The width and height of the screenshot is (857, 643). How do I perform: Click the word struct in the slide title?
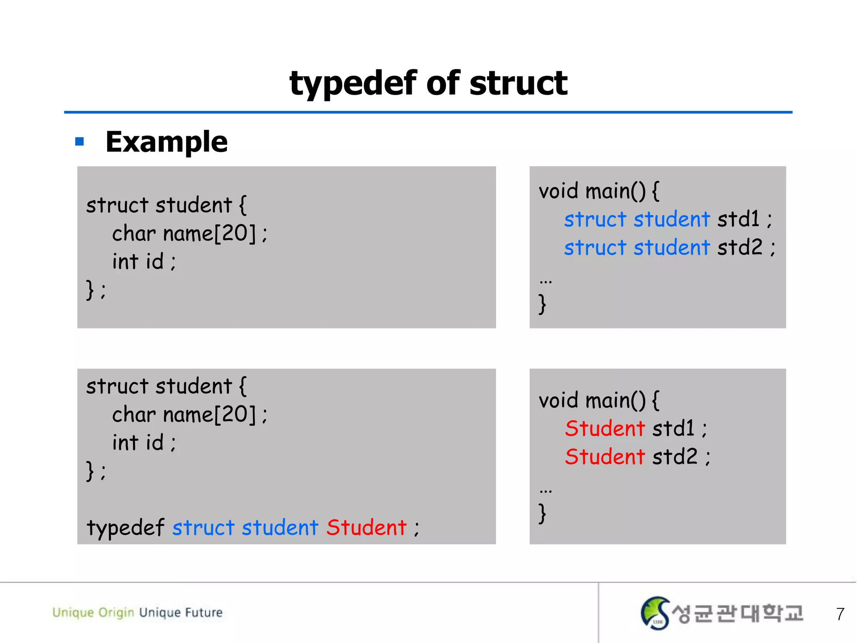pyautogui.click(x=518, y=83)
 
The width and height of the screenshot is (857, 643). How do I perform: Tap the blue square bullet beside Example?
pyautogui.click(x=80, y=141)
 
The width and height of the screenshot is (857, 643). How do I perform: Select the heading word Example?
pyautogui.click(x=167, y=141)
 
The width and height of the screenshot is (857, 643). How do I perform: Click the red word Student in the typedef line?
pyautogui.click(x=367, y=527)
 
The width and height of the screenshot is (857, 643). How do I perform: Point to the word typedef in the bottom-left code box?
pyautogui.click(x=125, y=527)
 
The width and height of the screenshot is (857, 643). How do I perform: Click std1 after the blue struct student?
pyautogui.click(x=738, y=219)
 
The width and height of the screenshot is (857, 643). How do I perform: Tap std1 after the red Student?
pyautogui.click(x=673, y=428)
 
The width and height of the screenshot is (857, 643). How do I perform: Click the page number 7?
pyautogui.click(x=840, y=614)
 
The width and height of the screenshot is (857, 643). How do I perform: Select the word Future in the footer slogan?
pyautogui.click(x=204, y=612)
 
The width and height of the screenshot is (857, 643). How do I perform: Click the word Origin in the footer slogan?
pyautogui.click(x=116, y=613)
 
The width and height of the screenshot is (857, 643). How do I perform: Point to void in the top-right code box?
pyautogui.click(x=558, y=191)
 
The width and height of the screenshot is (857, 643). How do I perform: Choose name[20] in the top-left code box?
pyautogui.click(x=209, y=233)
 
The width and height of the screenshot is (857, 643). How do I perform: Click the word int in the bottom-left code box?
pyautogui.click(x=125, y=442)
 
